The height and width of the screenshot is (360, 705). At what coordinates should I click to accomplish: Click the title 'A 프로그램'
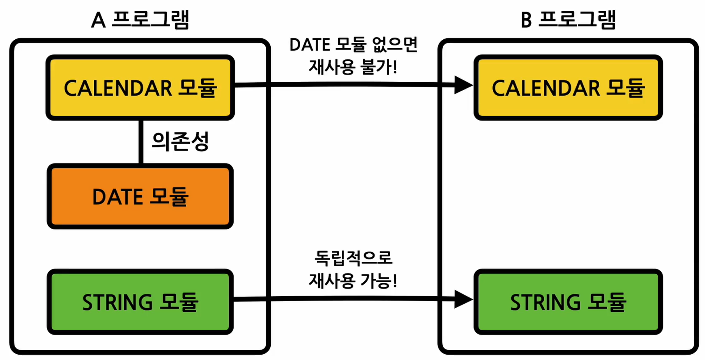pos(140,20)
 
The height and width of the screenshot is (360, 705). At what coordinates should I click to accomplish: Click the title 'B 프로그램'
pos(568,20)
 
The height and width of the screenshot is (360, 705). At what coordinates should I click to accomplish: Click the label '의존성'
pos(180,141)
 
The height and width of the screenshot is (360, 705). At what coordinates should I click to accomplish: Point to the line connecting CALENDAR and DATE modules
pos(141,142)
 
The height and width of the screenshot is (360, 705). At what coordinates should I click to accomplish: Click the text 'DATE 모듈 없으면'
pos(353,45)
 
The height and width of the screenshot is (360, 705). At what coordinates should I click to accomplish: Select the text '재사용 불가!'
pos(353,67)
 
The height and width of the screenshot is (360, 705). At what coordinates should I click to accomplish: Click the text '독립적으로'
pos(353,258)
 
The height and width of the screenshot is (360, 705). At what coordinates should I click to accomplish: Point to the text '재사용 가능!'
pos(353,280)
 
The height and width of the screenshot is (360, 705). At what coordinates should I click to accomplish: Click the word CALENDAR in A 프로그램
pos(118,88)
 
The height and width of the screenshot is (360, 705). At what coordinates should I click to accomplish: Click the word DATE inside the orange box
pos(117,197)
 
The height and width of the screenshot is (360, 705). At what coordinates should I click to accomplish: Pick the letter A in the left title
pos(98,21)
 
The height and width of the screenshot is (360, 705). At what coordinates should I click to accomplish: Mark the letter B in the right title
pos(526,21)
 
